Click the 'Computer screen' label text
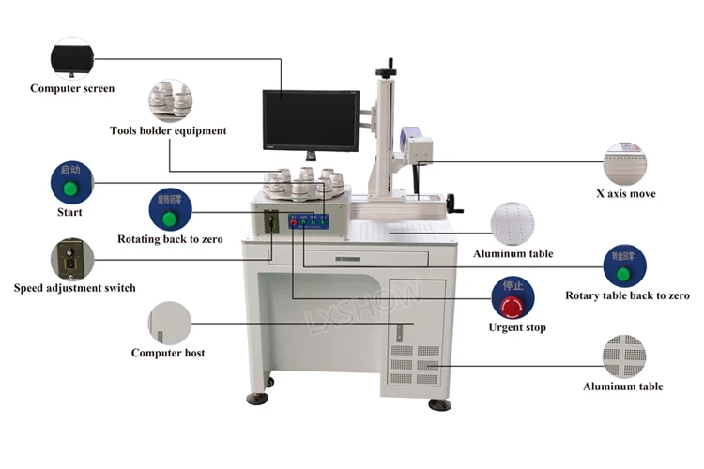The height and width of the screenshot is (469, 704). [72, 89]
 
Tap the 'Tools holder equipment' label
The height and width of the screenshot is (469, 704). [168, 131]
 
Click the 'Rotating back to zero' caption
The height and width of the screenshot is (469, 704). [170, 239]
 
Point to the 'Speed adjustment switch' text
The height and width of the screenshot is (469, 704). [74, 288]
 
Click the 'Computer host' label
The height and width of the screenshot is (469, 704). [168, 353]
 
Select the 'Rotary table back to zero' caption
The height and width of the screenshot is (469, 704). [627, 295]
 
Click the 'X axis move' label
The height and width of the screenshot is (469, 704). [625, 194]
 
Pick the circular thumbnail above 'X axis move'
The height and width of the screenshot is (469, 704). [625, 163]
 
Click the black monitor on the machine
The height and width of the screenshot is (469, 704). [310, 119]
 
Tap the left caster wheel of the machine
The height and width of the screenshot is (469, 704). [257, 398]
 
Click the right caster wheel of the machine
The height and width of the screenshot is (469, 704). [439, 403]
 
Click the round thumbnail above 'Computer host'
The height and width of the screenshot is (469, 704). [169, 322]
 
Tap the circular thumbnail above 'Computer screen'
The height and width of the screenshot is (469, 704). [72, 57]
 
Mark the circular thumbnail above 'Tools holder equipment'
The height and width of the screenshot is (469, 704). [169, 100]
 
